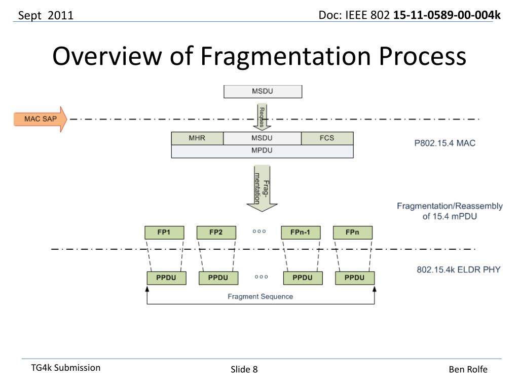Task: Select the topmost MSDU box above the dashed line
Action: pos(263,92)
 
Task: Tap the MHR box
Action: pos(197,138)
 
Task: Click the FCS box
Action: pos(327,138)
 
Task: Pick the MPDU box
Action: pos(262,151)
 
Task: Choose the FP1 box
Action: pos(164,233)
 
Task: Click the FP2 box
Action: pos(216,233)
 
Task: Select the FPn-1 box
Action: pos(302,233)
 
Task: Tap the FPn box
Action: pos(353,233)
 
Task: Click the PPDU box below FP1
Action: pos(167,278)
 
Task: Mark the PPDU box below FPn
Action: pos(355,278)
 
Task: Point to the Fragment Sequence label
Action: pos(261,296)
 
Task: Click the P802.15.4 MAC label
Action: pos(445,143)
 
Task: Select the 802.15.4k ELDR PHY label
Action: pos(458,269)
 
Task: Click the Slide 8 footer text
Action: pos(244,370)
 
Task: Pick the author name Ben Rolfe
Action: pos(468,370)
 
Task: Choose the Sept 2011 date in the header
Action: pos(46,16)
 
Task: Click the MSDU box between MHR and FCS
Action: pos(262,138)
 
